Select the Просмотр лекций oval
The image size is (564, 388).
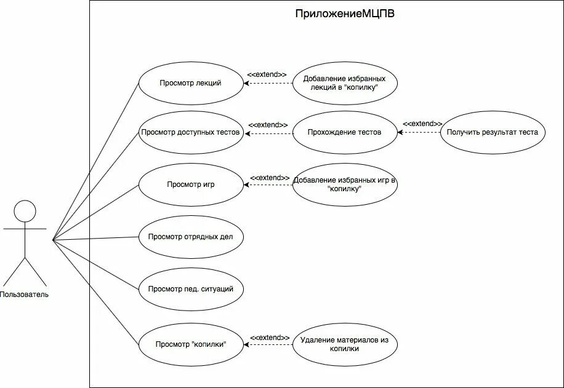pos(190,83)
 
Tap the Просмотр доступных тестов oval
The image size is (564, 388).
pos(190,132)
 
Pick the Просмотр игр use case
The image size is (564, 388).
pos(190,184)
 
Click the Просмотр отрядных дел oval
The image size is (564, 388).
pos(190,237)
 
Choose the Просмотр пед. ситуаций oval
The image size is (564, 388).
pos(190,289)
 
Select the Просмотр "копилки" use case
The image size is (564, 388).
pos(190,344)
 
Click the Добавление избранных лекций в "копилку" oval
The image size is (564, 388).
pos(344,83)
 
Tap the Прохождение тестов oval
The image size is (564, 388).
pos(344,132)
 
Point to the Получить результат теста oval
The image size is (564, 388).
pos(493,132)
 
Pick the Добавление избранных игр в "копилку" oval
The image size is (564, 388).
pos(344,184)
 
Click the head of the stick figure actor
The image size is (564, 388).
pos(25,211)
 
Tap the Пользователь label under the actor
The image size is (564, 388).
pos(25,295)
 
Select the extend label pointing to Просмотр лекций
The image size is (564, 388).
pos(267,74)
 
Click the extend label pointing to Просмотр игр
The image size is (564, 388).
pos(270,178)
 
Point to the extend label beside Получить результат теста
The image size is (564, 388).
pos(422,124)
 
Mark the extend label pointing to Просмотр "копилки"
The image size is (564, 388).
pos(270,338)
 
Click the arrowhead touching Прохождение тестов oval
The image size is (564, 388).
pos(400,132)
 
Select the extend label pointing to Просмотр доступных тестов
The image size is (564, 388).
pos(268,125)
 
